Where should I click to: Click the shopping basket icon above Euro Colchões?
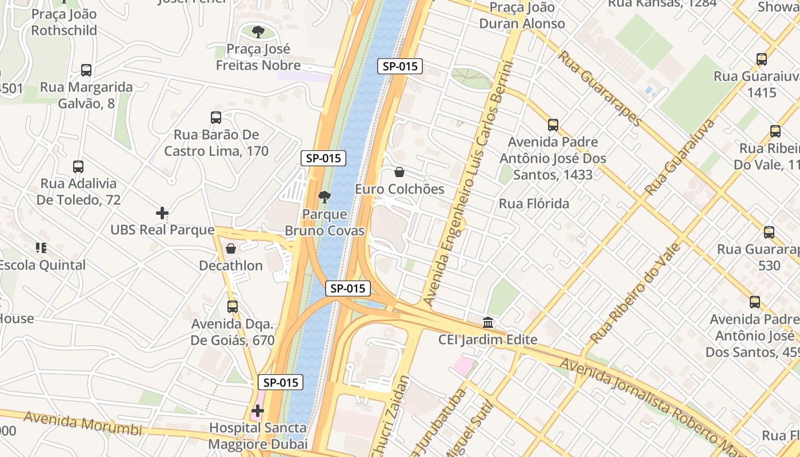click(399, 172)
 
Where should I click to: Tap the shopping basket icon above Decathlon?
click(231, 248)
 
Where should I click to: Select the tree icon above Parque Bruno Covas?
click(325, 198)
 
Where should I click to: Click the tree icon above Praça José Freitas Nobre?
click(258, 31)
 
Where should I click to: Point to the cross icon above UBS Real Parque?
click(162, 213)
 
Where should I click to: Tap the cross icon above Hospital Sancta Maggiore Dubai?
click(258, 411)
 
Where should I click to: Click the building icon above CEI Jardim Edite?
click(488, 323)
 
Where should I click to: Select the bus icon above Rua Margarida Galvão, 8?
click(86, 70)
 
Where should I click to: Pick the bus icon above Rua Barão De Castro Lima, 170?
click(216, 118)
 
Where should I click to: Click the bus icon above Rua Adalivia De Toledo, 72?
click(78, 167)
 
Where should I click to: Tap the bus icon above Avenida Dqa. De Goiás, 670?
click(233, 306)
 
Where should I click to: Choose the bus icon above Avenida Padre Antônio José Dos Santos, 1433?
click(553, 125)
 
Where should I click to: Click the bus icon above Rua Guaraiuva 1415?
click(761, 59)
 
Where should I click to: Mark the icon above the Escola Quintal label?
click(41, 248)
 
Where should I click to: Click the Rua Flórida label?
click(534, 204)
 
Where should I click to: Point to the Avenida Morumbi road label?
click(82, 424)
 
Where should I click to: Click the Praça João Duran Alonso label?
click(522, 15)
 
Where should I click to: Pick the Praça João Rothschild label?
click(64, 22)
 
